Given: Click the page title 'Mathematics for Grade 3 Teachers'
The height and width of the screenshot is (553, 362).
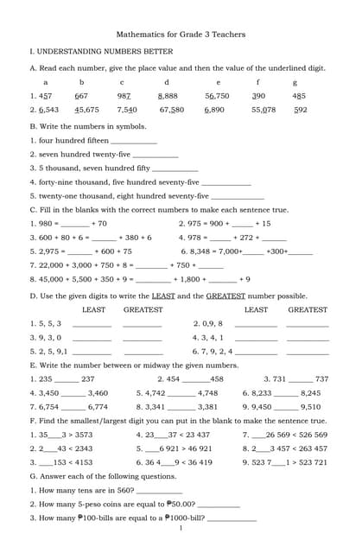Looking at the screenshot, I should point(181,35).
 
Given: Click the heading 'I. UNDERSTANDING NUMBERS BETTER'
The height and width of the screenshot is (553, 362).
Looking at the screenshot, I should point(89,51).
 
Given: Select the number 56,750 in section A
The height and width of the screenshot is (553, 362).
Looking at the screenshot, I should point(217,96).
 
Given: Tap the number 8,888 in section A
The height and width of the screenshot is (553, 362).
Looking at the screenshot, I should point(168,96).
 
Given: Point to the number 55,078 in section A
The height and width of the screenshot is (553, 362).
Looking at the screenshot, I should point(264,110).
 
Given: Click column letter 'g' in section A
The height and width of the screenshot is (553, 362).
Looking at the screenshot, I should point(295,82).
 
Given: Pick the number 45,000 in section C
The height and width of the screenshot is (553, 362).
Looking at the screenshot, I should point(54,279).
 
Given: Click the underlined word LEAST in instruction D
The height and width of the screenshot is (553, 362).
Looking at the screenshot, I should point(151,296).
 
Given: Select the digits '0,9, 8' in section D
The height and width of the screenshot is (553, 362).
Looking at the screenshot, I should point(212,323).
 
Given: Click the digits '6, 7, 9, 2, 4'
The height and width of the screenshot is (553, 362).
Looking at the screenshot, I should point(216,352).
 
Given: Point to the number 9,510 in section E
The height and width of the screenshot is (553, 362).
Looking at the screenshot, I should point(310,406).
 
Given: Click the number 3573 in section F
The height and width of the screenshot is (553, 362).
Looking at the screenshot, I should point(80,435).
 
